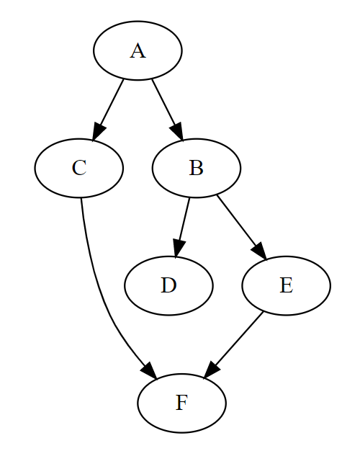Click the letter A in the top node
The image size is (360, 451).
[x=138, y=51]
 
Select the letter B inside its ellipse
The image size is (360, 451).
[x=196, y=168]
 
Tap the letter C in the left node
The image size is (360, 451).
[x=79, y=168]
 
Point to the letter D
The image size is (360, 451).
[x=168, y=285]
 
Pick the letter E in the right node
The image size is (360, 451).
[x=286, y=285]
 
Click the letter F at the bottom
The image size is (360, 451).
[x=181, y=403]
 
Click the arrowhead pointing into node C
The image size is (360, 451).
[x=98, y=132]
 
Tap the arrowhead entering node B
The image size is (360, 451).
[x=177, y=132]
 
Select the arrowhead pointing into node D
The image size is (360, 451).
[x=179, y=249]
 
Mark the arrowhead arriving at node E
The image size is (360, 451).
[x=260, y=251]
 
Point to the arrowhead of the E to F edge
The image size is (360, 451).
[x=212, y=370]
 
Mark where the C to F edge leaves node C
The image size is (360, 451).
[x=81, y=198]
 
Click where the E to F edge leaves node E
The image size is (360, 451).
[x=263, y=312]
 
